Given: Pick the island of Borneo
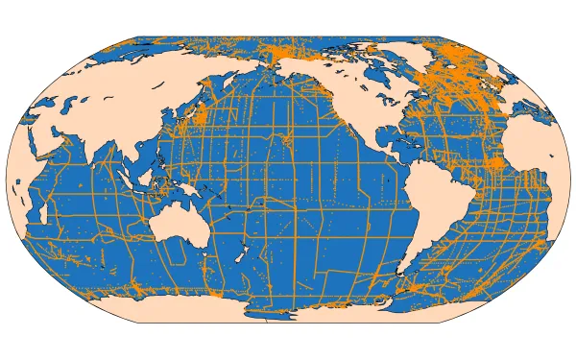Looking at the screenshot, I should coord(150,177).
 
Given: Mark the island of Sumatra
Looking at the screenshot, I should coord(126,179).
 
